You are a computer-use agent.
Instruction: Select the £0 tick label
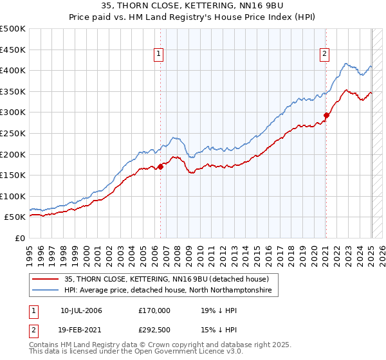pyautogui.click(x=20, y=238)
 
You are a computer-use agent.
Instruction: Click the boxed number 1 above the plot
pyautogui.click(x=158, y=55)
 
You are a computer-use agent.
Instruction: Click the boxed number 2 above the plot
pyautogui.click(x=324, y=55)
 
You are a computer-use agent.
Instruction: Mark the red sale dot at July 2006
pyautogui.click(x=161, y=166)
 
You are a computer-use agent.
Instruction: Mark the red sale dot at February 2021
pyautogui.click(x=326, y=116)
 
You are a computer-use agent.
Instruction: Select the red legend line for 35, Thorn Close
pyautogui.click(x=47, y=280)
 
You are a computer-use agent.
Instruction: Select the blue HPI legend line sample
pyautogui.click(x=47, y=291)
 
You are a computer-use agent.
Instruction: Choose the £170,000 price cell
pyautogui.click(x=154, y=310)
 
